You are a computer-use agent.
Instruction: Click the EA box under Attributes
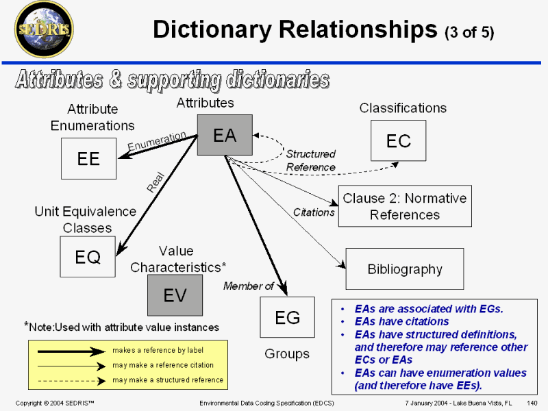pos(225,135)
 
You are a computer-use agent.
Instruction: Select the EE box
pos(88,158)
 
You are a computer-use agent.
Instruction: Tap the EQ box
pos(88,257)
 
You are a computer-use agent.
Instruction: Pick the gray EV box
pos(175,295)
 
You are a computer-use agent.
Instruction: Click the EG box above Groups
pos(287,317)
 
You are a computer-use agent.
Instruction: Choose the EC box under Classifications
pos(398,140)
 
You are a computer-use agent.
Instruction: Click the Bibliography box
pos(405,269)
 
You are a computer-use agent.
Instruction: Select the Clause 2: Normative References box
pos(404,206)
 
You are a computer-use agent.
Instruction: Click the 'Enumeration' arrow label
pos(157,142)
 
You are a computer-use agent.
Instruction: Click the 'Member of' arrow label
pos(248,286)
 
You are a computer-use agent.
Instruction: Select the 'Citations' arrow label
pos(314,212)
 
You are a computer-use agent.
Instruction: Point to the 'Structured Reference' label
pos(310,160)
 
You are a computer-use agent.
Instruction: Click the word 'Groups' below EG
pos(287,354)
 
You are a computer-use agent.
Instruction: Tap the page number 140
pos(532,403)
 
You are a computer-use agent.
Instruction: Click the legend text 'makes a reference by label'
pos(158,350)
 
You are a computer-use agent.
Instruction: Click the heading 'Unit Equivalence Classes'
pos(86,219)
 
